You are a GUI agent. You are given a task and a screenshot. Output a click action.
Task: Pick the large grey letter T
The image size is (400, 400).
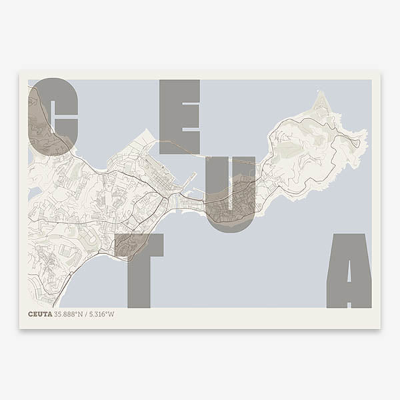(139, 267)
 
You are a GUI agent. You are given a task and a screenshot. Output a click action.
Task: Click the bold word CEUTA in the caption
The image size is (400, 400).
(40, 313)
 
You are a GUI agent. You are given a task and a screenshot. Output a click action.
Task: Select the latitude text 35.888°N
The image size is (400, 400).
(69, 313)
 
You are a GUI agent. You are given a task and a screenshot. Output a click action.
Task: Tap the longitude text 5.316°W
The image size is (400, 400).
(101, 313)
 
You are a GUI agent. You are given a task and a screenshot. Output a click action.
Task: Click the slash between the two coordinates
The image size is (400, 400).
(85, 313)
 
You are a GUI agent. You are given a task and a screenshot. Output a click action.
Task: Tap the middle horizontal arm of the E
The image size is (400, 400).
(183, 117)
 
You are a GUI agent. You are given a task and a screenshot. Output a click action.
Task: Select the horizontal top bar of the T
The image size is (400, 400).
(139, 245)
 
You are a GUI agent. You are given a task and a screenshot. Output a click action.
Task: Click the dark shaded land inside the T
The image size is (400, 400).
(127, 245)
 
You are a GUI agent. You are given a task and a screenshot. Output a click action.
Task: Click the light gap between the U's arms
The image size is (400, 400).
(230, 180)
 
